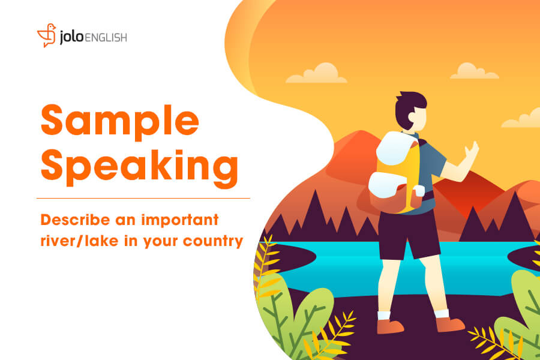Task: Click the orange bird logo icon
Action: (x=46, y=35)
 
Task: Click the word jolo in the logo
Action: (x=71, y=37)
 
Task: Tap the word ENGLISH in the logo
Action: (x=106, y=38)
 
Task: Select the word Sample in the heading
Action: (x=120, y=121)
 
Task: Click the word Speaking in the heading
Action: (x=139, y=167)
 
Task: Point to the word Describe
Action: (x=76, y=220)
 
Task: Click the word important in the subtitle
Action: (x=180, y=220)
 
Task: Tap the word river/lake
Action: (x=80, y=241)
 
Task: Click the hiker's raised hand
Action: (x=472, y=151)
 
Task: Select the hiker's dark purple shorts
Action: (x=409, y=234)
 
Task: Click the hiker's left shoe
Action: (x=390, y=326)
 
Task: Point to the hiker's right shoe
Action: (x=450, y=324)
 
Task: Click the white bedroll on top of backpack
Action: (x=397, y=148)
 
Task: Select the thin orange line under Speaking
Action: (x=143, y=199)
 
